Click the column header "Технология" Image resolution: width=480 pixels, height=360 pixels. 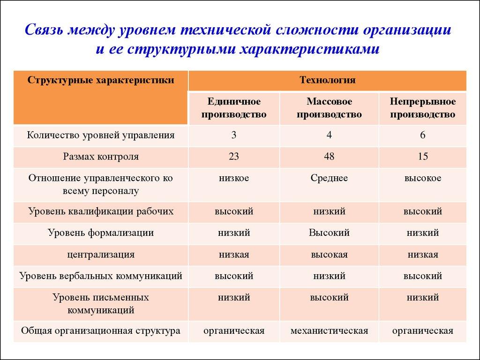pos(327,80)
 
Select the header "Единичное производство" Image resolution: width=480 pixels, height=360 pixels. pos(234,108)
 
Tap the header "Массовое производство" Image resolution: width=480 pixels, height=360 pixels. pos(329,108)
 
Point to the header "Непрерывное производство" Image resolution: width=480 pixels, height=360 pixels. pos(422,108)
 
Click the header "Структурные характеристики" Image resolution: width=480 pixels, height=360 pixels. pos(101,80)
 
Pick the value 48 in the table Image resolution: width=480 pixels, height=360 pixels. pos(329,157)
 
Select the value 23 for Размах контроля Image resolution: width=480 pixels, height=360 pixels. pos(234,157)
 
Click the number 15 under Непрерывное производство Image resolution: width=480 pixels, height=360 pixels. pos(422,157)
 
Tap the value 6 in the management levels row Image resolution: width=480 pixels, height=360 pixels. pos(422,135)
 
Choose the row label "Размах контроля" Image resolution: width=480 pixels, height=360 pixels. pos(101,157)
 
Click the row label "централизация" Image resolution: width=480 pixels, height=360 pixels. pos(101,255)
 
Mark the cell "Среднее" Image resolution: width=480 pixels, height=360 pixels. pos(329,178)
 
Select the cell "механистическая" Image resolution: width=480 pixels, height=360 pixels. pos(329,331)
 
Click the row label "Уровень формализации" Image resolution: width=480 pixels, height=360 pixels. pos(101,232)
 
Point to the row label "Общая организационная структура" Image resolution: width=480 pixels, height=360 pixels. pos(101,331)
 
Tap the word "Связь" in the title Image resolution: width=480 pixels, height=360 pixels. pos(44,30)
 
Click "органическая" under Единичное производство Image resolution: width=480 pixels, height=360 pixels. pos(234,331)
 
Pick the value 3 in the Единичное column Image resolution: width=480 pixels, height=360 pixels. pos(234,135)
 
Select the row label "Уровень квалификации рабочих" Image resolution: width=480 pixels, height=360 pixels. pos(101,211)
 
